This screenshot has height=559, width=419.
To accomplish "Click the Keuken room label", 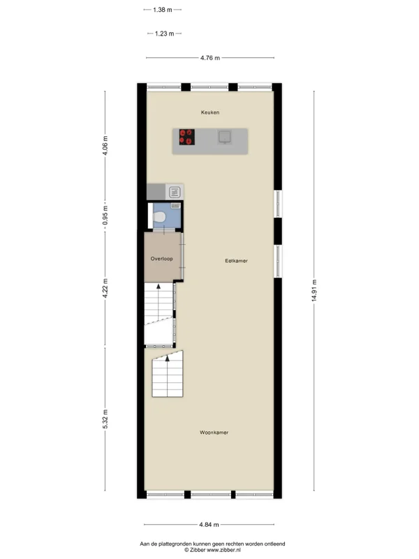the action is pos(210,112).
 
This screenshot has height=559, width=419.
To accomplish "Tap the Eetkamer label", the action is pos(236,261).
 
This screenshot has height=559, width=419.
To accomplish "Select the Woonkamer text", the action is pos(214,433).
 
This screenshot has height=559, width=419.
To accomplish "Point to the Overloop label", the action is pos(162,259).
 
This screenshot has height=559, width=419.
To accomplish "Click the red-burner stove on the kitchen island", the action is pos(186,137).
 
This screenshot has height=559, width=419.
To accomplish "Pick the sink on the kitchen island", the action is pos(225,138).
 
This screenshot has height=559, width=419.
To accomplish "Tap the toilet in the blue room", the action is pos(159,217).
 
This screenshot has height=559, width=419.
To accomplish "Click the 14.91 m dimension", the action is pos(314,291).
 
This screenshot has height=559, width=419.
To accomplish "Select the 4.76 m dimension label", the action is pos(210,58).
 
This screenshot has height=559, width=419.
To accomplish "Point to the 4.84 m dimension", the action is pos(209,525).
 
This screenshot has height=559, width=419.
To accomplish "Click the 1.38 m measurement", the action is pos(163,10).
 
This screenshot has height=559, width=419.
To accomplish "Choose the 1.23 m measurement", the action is pos(165,34).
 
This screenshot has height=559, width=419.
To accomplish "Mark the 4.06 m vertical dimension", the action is pos(105,145).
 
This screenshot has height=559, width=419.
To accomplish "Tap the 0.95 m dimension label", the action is pos(105,216).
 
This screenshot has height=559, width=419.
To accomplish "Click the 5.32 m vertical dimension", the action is pos(105,419).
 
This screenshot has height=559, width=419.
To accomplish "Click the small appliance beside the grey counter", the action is pos(175,192).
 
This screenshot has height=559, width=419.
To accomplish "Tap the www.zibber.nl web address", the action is pos(223,550).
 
